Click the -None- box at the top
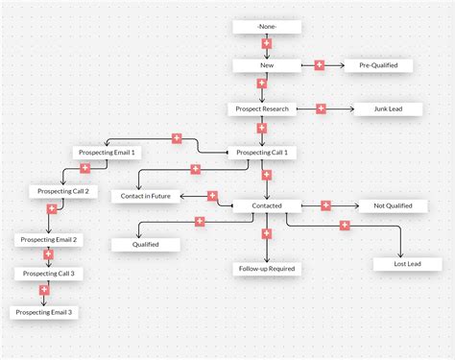[x=267, y=27]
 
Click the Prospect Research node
[x=262, y=108]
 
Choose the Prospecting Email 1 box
[x=107, y=153]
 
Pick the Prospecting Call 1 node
[x=261, y=153]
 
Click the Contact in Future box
[x=146, y=196]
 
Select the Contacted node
[x=267, y=205]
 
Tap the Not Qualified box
[x=392, y=205]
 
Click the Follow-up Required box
[x=267, y=269]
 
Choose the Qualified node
[x=146, y=244]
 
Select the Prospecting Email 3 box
[x=42, y=312]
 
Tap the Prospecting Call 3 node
[x=47, y=274]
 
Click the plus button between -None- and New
[x=266, y=44]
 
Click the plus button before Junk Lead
[x=321, y=108]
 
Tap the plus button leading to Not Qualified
[x=325, y=205]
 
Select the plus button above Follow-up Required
[x=267, y=233]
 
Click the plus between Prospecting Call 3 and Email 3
[x=43, y=290]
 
